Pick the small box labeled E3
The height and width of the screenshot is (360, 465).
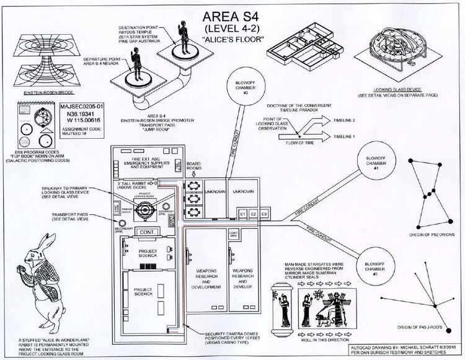point(264,214)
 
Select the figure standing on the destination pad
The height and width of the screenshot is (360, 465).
point(182,34)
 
